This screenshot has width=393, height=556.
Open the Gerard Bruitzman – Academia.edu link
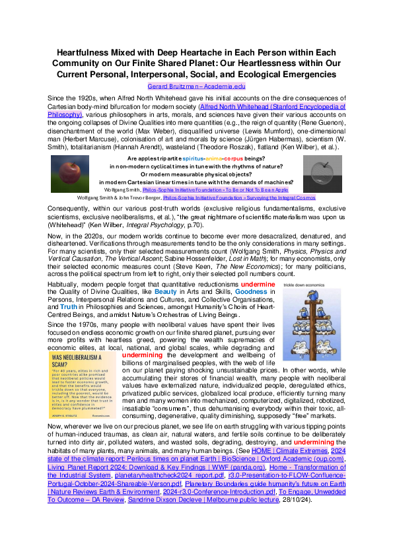pos(196,86)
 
